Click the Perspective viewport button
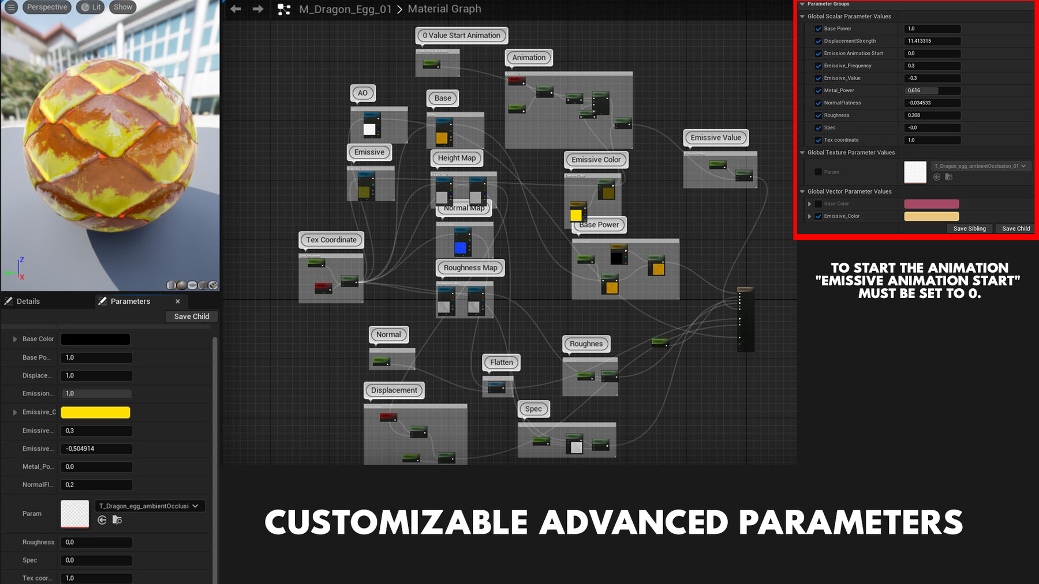click(x=47, y=7)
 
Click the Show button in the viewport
click(x=122, y=7)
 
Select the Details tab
click(x=28, y=301)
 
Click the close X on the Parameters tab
click(x=178, y=301)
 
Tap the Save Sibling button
click(x=969, y=228)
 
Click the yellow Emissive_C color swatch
click(x=95, y=412)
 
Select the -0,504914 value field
click(x=96, y=449)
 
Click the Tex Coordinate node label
click(x=331, y=240)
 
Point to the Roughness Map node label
click(x=470, y=267)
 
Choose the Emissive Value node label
click(x=716, y=138)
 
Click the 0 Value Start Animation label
click(x=461, y=35)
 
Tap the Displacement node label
click(x=394, y=390)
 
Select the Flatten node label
click(x=501, y=362)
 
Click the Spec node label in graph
click(x=533, y=409)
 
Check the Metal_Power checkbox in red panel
click(x=818, y=91)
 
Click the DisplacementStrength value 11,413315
click(x=932, y=41)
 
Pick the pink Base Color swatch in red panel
click(x=931, y=204)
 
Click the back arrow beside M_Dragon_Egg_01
click(x=236, y=9)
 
